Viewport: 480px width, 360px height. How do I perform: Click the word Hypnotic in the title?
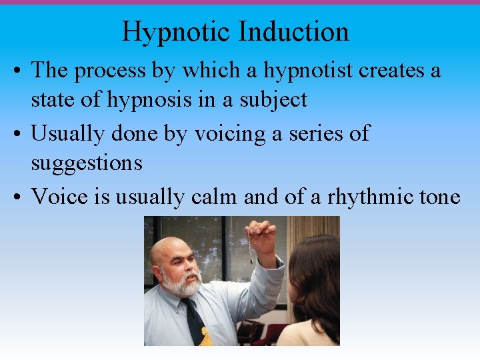[176, 32]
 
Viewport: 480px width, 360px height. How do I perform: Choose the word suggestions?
[87, 163]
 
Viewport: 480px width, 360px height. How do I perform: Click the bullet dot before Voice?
[19, 197]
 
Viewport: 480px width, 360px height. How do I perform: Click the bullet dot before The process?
[19, 70]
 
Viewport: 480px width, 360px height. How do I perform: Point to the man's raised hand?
[262, 240]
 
